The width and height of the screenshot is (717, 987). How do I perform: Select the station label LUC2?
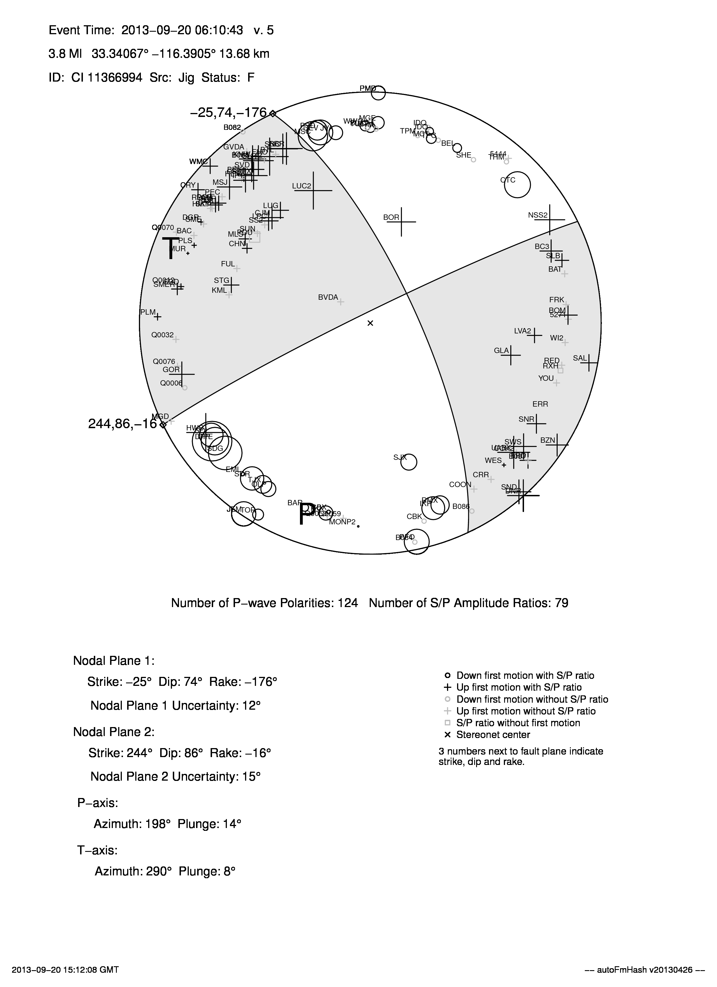pos(302,186)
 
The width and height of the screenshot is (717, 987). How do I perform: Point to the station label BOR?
pos(391,218)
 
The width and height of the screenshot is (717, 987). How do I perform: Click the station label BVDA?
pos(328,298)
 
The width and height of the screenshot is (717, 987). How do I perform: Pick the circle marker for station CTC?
pos(517,185)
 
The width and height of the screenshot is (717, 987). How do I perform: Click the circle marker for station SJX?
pos(409,462)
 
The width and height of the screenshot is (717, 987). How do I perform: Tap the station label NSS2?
pos(538,215)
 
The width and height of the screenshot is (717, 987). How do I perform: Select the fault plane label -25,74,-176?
pos(228,113)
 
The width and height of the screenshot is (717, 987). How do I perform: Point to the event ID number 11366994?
pos(115,78)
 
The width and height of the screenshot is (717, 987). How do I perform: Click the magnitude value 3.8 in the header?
pos(57,54)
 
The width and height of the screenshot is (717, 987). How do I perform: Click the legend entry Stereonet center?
pos(493,735)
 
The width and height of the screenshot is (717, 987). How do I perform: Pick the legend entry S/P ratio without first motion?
pos(518,723)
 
